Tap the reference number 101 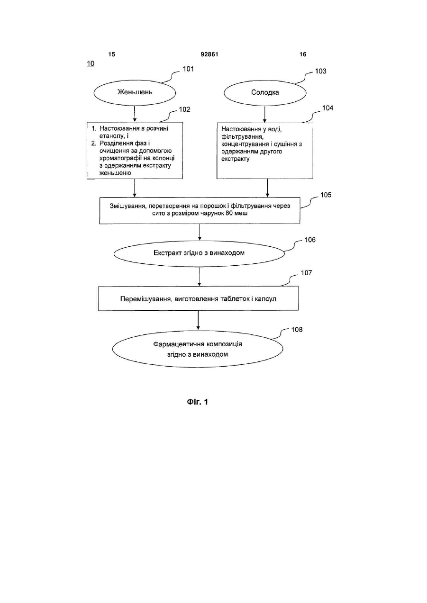(x=188, y=69)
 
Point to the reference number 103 (x=320, y=72)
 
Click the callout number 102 (x=184, y=109)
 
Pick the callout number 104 (x=327, y=108)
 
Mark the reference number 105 (x=326, y=195)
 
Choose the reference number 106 (x=310, y=240)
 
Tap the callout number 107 (x=306, y=273)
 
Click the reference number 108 (x=297, y=330)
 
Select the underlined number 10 (x=91, y=63)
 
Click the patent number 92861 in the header (x=209, y=54)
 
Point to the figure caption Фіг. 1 (x=198, y=402)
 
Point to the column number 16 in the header (x=303, y=54)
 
